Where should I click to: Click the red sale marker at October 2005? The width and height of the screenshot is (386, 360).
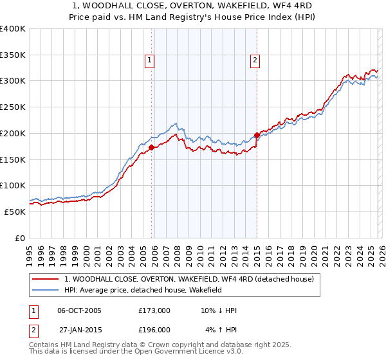152,147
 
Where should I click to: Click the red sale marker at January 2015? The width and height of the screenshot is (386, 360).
257,135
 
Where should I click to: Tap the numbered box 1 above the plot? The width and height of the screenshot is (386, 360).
149,60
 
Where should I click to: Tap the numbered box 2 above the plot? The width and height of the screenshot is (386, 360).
255,60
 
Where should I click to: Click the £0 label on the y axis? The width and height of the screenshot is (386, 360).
20,237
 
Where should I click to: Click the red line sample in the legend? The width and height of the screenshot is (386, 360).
46,279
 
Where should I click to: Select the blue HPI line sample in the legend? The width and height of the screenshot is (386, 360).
46,291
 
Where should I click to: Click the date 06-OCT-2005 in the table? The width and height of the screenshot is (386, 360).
79,310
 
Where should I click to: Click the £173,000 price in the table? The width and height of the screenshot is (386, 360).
154,310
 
